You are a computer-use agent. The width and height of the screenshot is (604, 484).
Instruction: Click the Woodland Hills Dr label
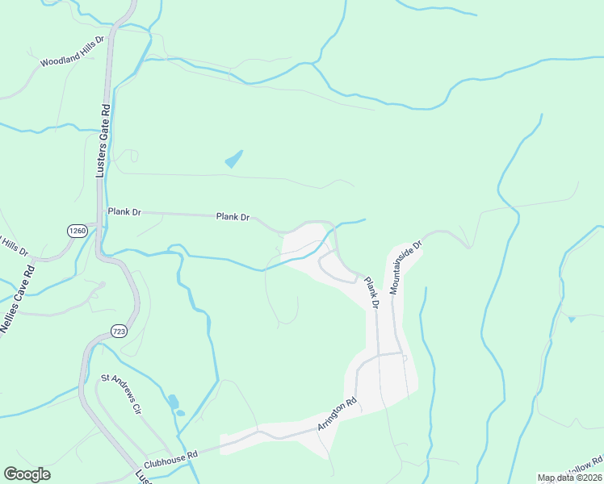pyautogui.click(x=73, y=50)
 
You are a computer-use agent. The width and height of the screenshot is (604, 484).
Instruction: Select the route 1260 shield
pyautogui.click(x=78, y=231)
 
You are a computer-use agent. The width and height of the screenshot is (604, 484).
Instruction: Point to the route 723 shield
pyautogui.click(x=118, y=331)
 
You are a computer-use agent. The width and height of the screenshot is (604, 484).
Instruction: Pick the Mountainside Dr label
pyautogui.click(x=406, y=266)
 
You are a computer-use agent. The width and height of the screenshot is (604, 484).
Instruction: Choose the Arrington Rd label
pyautogui.click(x=338, y=413)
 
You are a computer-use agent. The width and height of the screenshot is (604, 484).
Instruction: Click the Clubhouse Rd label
pyautogui.click(x=171, y=460)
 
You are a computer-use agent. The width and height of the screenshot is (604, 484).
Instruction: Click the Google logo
pyautogui.click(x=27, y=474)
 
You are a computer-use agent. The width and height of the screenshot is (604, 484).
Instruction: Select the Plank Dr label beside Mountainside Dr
pyautogui.click(x=371, y=294)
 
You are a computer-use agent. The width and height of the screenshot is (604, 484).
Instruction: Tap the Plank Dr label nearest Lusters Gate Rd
pyautogui.click(x=124, y=212)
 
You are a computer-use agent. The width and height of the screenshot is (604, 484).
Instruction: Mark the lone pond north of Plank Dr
pyautogui.click(x=234, y=159)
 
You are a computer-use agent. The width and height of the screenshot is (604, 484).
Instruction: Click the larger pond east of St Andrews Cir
pyautogui.click(x=172, y=401)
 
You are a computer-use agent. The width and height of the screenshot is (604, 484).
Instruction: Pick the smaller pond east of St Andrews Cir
pyautogui.click(x=181, y=413)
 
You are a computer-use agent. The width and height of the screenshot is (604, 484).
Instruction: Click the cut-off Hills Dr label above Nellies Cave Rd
pyautogui.click(x=11, y=244)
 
